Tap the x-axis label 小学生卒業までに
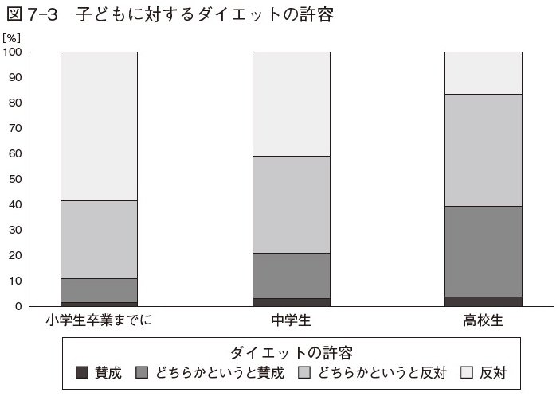pyautogui.click(x=99, y=321)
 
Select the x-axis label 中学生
pyautogui.click(x=291, y=321)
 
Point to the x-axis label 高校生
pyautogui.click(x=483, y=321)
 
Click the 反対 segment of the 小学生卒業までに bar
pyautogui.click(x=99, y=126)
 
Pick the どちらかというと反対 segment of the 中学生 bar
pyautogui.click(x=291, y=204)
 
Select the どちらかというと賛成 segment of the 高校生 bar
pyautogui.click(x=483, y=251)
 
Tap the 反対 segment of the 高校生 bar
pyautogui.click(x=483, y=72)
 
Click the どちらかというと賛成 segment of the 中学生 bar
pyautogui.click(x=291, y=275)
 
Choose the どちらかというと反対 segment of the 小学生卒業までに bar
pyautogui.click(x=99, y=239)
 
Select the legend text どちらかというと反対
pyautogui.click(x=382, y=371)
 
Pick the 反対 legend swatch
pyautogui.click(x=468, y=371)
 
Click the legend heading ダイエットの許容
pyautogui.click(x=291, y=351)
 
